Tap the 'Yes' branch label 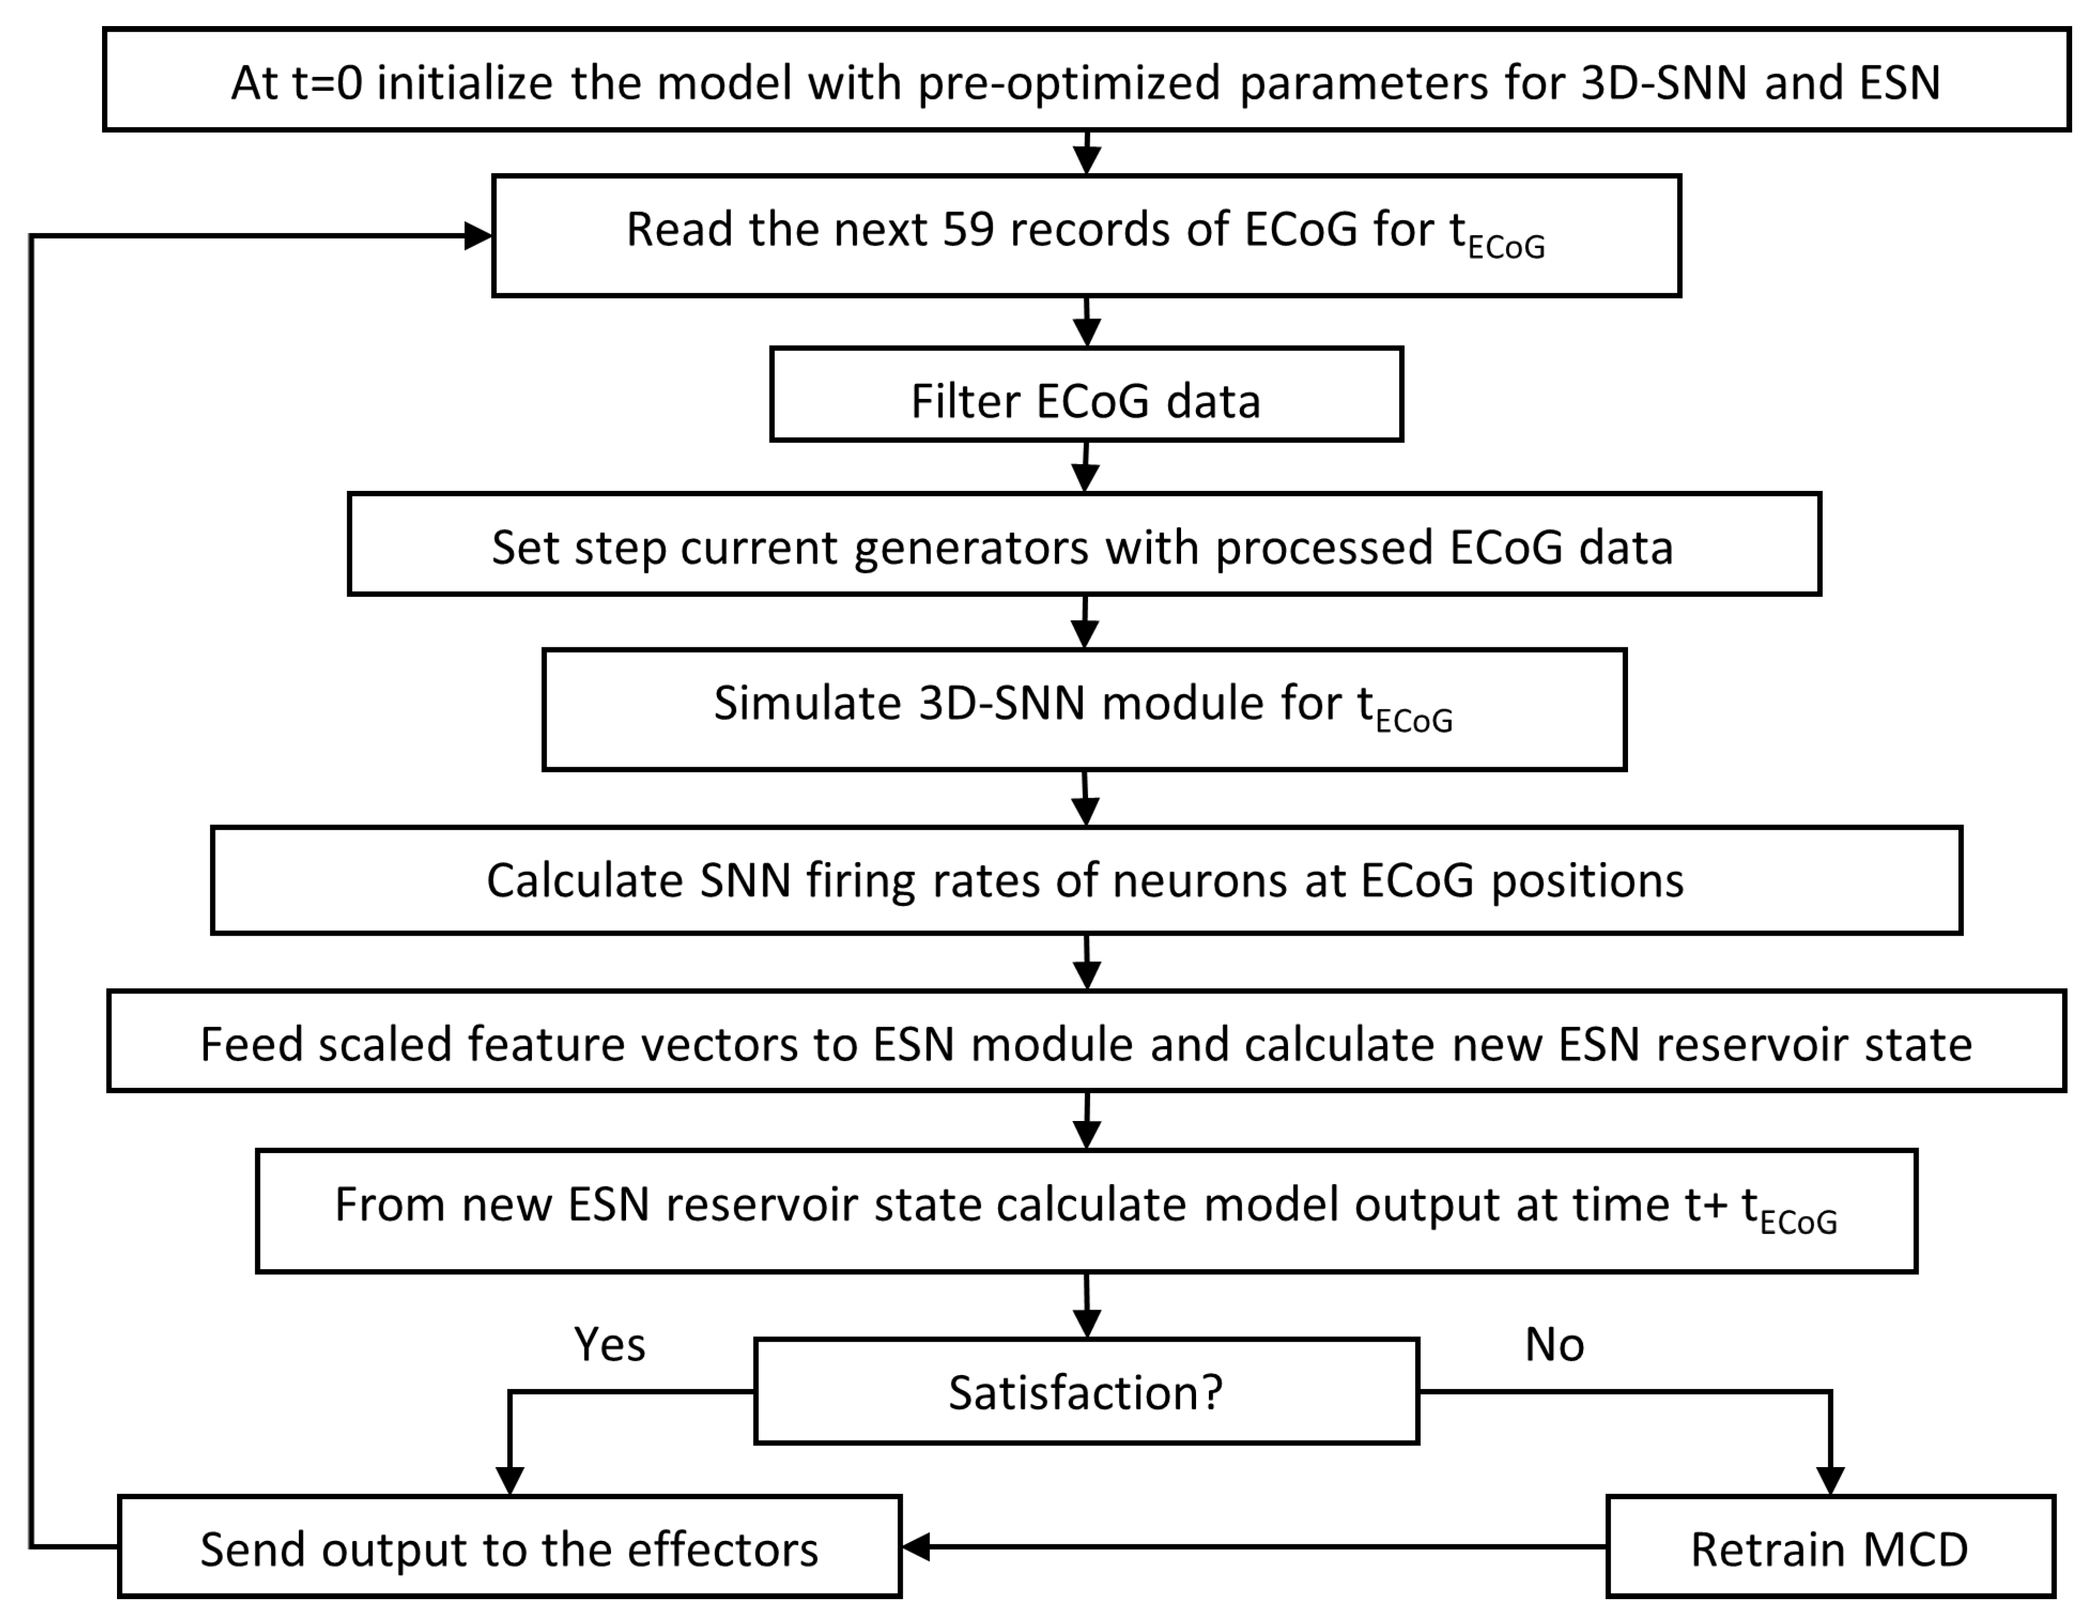coord(609,1345)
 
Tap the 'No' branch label coord(1554,1345)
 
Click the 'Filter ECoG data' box coord(1086,400)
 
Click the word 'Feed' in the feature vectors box coord(251,1044)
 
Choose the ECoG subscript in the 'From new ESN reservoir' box coord(1798,1222)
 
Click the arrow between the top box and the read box coord(1086,154)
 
